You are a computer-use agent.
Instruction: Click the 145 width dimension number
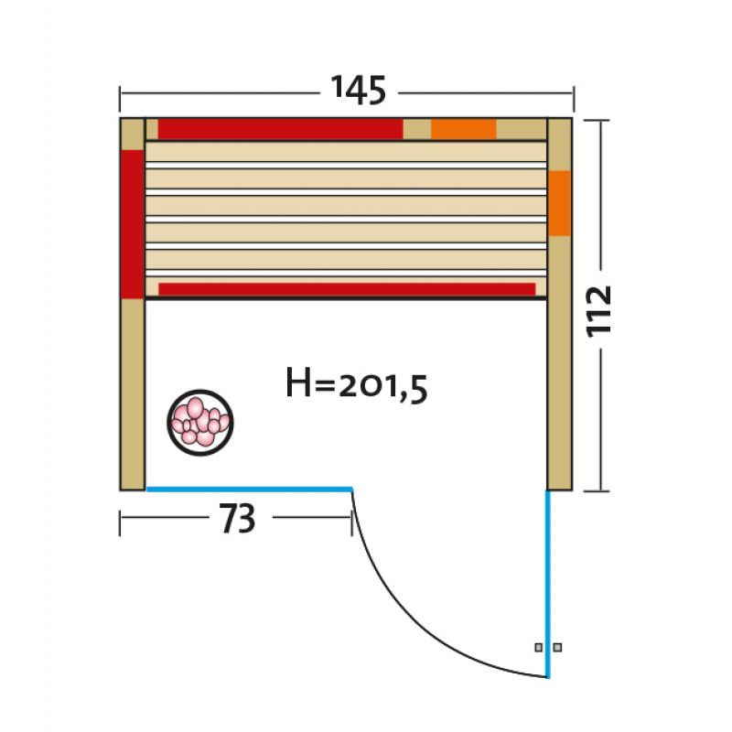[x=359, y=90]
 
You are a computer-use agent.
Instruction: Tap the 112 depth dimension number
[x=599, y=311]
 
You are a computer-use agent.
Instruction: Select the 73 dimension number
[x=238, y=518]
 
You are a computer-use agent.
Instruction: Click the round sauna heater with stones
[x=200, y=423]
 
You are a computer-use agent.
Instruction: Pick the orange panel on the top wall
[x=464, y=129]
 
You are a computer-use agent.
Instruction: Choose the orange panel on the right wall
[x=559, y=203]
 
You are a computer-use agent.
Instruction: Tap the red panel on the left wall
[x=133, y=224]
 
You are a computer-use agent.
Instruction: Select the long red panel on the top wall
[x=281, y=129]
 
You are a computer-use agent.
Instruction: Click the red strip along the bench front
[x=347, y=289]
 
